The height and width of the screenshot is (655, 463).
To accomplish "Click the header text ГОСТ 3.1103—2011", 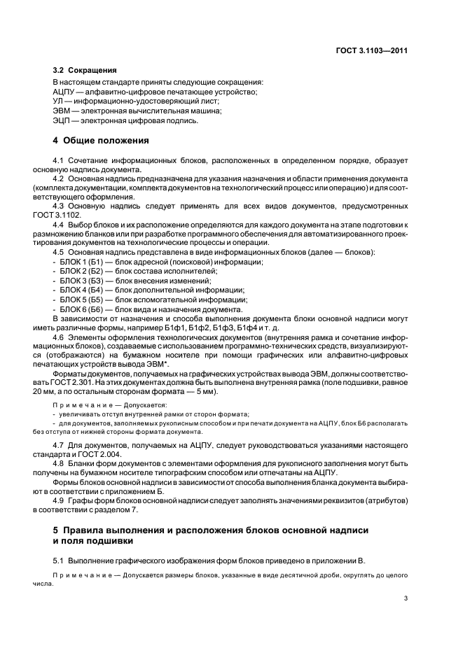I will click(372, 50).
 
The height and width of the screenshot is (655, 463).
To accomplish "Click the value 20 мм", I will click(62, 393).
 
